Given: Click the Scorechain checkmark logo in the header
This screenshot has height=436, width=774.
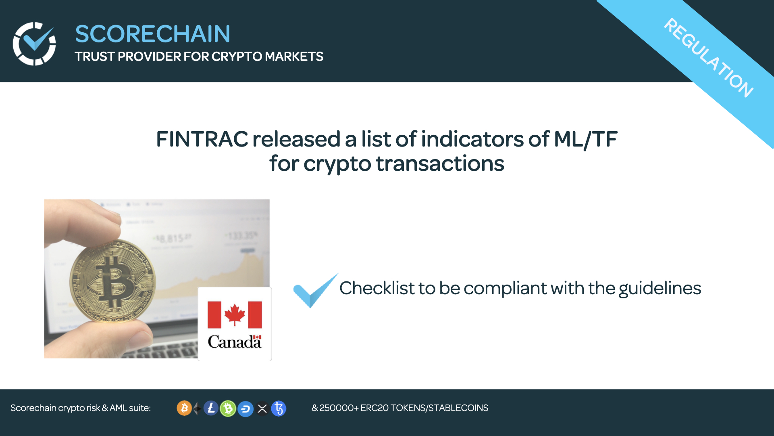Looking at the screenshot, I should point(34,44).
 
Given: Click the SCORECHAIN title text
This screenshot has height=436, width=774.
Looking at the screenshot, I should point(152,34).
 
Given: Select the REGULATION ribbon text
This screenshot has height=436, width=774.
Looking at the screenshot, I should point(708,58).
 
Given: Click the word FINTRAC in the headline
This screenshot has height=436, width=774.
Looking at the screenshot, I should point(202,139).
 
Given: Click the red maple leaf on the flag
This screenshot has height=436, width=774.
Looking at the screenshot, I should point(235,314).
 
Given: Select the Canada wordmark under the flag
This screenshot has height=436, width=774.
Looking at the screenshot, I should point(235,342).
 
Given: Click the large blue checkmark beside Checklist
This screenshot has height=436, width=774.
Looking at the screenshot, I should point(314,291).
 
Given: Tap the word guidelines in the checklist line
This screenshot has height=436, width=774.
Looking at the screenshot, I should point(660,288).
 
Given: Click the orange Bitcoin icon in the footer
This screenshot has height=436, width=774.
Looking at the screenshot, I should point(184,408).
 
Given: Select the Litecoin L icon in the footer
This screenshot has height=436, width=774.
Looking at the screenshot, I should point(211,408).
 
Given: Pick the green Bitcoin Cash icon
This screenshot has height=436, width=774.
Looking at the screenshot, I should point(228,409).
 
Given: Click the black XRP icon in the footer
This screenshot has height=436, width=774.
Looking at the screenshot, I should point(262,409).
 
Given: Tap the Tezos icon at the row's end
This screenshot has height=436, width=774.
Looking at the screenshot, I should point(279,408).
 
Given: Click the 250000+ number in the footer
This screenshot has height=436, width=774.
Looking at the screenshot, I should point(339,408).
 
